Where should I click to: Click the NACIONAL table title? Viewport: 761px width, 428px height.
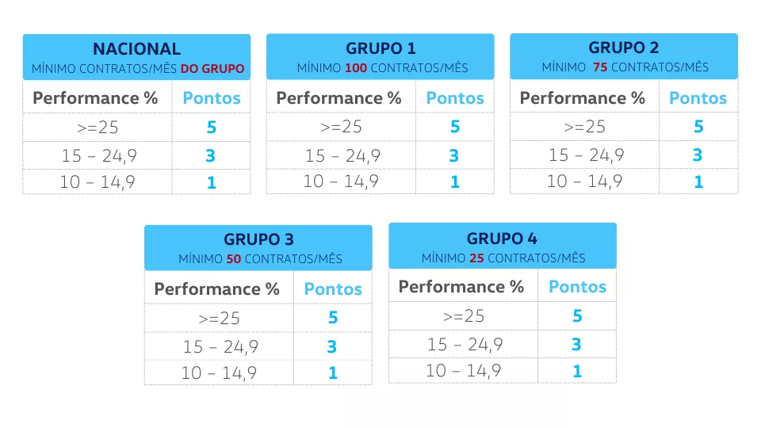pos(137,49)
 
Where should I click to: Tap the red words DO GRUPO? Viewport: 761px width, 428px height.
pos(212,69)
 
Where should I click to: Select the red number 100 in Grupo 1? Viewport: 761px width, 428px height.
pos(356,68)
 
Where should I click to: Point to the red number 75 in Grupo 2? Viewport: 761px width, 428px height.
pos(600,67)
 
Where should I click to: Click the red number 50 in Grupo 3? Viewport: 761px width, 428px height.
pos(233,258)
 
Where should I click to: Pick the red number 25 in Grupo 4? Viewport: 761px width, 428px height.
pos(476,258)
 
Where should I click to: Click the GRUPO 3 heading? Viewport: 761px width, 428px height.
pos(258,239)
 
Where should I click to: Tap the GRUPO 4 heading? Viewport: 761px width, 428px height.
pos(502,239)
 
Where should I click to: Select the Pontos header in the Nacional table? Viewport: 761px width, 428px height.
pos(212,98)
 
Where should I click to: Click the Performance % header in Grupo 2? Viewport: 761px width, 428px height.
pos(583,98)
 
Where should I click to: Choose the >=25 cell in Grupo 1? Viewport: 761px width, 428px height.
pos(341,127)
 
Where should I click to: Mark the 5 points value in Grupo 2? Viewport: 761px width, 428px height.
pos(698,126)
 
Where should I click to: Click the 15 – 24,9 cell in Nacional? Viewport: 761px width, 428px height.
pos(99,156)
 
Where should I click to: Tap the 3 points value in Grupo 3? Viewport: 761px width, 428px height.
pos(332,346)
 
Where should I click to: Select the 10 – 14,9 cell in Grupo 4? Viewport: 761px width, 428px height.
pos(464,371)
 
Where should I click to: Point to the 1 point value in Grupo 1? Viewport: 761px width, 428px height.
pos(455,182)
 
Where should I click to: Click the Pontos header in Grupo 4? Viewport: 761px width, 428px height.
pos(578,287)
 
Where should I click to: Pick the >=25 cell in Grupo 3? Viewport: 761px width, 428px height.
pos(220,319)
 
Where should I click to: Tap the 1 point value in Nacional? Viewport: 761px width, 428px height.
pos(211,182)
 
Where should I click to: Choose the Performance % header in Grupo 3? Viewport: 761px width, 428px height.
pos(217,289)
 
